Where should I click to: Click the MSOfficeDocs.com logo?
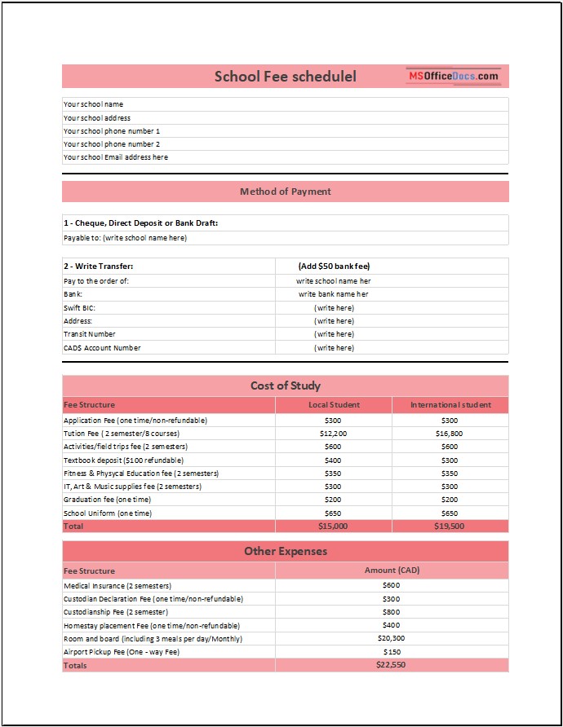453,76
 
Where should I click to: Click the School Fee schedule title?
285,77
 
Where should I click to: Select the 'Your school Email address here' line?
116,157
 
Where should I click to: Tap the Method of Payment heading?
285,192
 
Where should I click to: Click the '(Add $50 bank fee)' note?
334,267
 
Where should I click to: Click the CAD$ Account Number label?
102,348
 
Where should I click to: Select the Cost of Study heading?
285,386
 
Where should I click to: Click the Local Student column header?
334,405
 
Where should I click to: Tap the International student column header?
450,405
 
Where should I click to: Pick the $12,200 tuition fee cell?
334,434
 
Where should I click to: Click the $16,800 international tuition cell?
450,434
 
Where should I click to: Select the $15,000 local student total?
334,527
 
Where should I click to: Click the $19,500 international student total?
450,527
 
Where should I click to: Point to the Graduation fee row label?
107,500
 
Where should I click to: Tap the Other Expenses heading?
285,551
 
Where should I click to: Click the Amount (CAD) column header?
392,571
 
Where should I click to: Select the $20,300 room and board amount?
392,638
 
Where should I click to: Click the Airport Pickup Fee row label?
121,652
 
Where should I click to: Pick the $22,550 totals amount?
392,665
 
